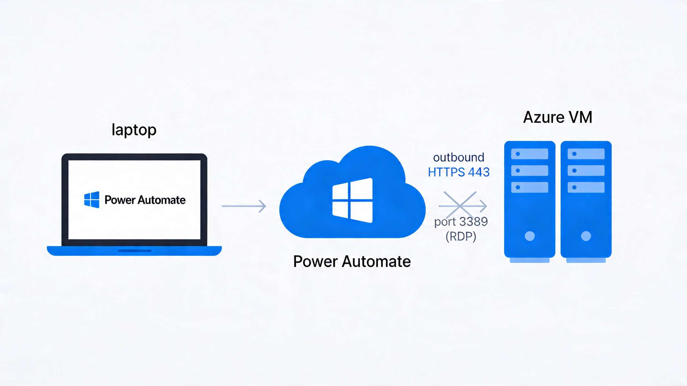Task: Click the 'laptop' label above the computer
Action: (134, 130)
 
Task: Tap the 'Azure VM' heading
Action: (558, 117)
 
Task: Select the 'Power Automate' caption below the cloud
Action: (352, 261)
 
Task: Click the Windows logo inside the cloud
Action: (352, 200)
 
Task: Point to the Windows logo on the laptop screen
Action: (92, 200)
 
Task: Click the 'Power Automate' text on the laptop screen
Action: (145, 200)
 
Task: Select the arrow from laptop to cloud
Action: (244, 206)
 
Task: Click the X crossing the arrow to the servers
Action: (460, 205)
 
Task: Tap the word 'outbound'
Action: (459, 157)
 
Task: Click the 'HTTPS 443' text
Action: (459, 172)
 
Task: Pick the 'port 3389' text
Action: (461, 222)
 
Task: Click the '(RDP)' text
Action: (461, 236)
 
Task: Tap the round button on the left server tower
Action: (529, 236)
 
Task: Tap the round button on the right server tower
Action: (586, 236)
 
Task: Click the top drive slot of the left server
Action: (529, 154)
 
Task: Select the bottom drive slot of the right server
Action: (586, 187)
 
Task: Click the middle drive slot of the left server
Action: (529, 170)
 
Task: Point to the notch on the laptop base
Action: (134, 251)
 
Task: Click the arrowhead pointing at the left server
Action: (484, 206)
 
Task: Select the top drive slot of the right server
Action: (586, 154)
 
